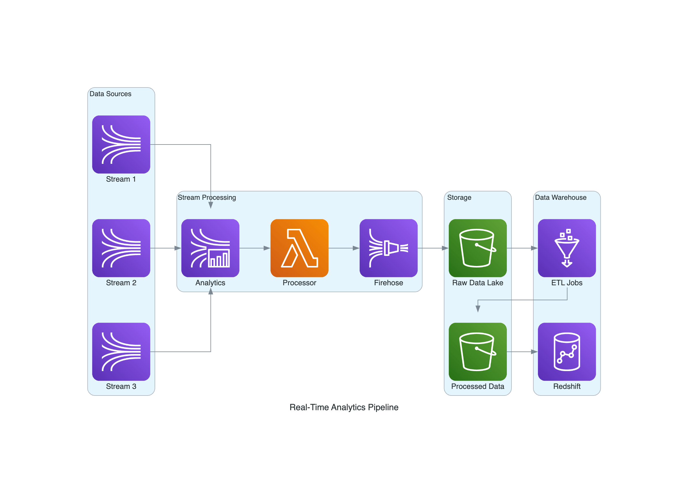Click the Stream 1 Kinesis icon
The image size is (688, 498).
pos(121,145)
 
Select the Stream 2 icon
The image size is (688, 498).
pos(121,248)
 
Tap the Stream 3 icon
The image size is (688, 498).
pos(121,351)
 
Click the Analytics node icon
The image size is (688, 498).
pos(210,248)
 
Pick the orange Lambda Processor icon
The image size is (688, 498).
pos(300,248)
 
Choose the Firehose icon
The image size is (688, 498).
pos(388,248)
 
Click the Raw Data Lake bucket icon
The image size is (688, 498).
pos(477,248)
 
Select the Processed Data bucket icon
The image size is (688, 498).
pos(477,351)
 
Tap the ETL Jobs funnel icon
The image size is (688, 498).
pos(567,248)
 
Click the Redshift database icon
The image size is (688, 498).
pos(567,351)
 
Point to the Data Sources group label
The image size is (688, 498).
pos(110,94)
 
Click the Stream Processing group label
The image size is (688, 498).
pos(206,197)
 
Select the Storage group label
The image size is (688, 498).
pos(459,197)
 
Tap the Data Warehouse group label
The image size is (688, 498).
pos(561,197)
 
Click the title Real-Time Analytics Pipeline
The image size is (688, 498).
pos(344,407)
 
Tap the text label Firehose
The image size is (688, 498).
pos(388,283)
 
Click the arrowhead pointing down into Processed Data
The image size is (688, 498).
pos(478,309)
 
